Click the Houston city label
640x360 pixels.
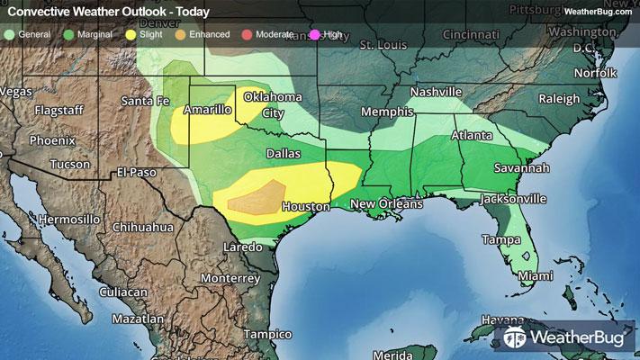click(305, 207)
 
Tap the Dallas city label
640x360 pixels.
click(283, 154)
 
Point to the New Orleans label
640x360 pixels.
click(386, 205)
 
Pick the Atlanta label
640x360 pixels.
click(471, 136)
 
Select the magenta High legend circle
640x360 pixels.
click(316, 34)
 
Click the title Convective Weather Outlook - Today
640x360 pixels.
click(109, 12)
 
